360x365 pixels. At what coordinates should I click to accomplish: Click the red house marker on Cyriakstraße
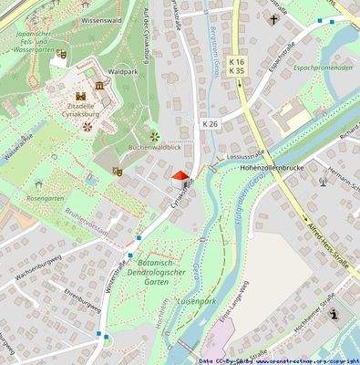[x=180, y=177]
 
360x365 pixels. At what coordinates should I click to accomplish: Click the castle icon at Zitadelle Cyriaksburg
[x=81, y=95]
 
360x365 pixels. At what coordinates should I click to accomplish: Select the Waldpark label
[x=123, y=70]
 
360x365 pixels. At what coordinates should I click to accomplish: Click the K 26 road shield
[x=211, y=122]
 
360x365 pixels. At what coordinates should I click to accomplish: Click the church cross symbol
[x=273, y=18]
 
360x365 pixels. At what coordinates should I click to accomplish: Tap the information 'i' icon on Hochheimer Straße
[x=334, y=314]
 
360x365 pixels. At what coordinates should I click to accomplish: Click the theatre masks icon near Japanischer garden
[x=61, y=54]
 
